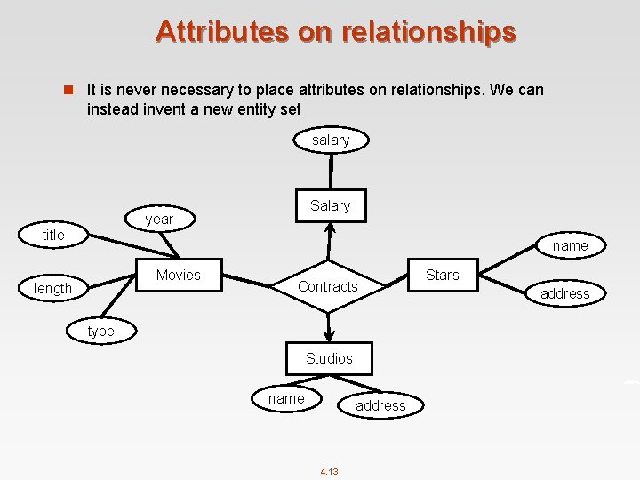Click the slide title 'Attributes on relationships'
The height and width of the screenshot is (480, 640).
[335, 31]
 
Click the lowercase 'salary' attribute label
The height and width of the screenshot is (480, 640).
[331, 140]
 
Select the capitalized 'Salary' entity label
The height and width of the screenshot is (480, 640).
[331, 205]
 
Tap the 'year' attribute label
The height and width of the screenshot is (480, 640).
[158, 219]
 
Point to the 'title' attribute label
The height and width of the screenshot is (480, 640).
[53, 236]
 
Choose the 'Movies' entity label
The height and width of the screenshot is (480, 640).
[178, 275]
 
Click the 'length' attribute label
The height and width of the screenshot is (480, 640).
[52, 289]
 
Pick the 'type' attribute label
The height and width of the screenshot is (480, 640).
[100, 331]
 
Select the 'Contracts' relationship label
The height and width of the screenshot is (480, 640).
[328, 286]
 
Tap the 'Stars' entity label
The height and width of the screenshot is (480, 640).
[443, 275]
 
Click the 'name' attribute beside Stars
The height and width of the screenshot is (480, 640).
[570, 245]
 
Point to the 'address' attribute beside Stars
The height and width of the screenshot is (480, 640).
[565, 293]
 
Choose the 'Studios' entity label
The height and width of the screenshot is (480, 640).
[329, 358]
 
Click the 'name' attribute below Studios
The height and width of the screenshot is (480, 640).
[286, 398]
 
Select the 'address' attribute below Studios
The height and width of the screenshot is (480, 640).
[380, 405]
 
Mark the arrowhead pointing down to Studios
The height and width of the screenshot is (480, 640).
[329, 335]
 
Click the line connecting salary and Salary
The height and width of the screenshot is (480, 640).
[331, 170]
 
